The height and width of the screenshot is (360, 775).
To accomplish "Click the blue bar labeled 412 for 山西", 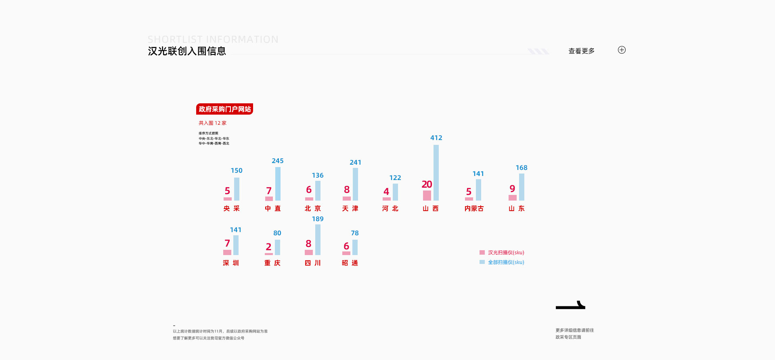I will tap(436, 173).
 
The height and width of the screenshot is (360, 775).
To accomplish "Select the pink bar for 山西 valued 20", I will tap(427, 196).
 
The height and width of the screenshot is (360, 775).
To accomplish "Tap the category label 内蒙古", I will tap(474, 208).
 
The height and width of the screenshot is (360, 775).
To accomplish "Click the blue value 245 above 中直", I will tap(278, 161).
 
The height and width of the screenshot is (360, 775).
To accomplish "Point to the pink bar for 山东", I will tap(512, 198).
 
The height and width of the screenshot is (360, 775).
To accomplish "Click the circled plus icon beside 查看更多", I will tap(622, 50).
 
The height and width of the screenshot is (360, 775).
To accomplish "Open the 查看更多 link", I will tap(581, 51).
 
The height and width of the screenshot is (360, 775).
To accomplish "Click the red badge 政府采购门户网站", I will tap(224, 109).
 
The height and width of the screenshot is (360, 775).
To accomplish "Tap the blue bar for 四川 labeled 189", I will tap(318, 240).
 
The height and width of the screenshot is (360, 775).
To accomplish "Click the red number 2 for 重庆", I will tap(268, 247).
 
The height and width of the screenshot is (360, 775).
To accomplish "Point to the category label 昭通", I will tap(350, 263).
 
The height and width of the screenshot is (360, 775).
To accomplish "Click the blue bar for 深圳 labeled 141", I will tap(236, 245).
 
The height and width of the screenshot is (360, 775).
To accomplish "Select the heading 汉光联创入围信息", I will tap(187, 51).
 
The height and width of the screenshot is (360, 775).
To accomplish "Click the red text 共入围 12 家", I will tap(212, 123).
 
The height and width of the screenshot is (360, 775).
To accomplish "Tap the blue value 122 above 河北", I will tap(395, 178).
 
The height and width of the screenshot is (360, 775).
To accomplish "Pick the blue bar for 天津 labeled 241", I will tap(355, 184).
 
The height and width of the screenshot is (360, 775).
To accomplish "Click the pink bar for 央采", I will tap(228, 199).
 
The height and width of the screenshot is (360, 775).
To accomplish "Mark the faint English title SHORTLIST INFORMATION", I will tap(213, 40).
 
